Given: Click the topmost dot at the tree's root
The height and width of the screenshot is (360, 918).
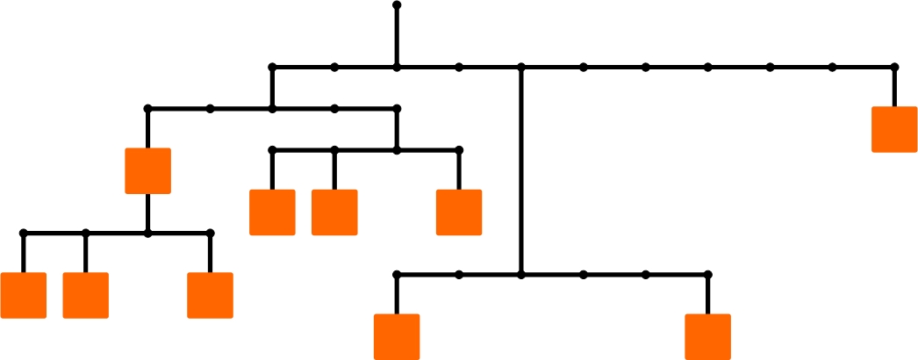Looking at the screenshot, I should [x=397, y=5].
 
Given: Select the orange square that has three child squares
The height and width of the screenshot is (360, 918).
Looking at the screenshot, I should [x=147, y=170].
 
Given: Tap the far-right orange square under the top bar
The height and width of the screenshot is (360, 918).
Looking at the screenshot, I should [x=894, y=129].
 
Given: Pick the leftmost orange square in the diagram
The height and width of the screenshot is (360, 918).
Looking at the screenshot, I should [x=24, y=295].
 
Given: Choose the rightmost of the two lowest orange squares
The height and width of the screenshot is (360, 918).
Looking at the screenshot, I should [x=707, y=336].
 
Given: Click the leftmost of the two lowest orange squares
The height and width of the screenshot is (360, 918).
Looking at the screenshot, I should [x=397, y=336].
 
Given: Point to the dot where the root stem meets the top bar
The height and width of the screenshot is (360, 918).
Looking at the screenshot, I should [x=397, y=67].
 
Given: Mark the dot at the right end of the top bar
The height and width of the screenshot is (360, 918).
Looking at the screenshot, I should [x=894, y=67].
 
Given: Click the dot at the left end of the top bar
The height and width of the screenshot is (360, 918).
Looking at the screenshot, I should [x=272, y=67].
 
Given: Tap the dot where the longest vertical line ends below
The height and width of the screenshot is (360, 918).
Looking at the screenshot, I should [x=521, y=275].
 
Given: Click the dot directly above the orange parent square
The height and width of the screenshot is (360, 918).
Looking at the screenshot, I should [x=147, y=109].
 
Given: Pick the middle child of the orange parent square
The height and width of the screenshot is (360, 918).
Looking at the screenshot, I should [x=86, y=295].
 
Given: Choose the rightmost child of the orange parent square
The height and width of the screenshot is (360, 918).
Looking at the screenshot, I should [x=210, y=295].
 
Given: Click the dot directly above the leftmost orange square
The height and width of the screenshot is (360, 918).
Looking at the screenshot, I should [x=24, y=234].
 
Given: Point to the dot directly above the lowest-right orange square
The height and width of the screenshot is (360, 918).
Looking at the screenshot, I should [x=707, y=275].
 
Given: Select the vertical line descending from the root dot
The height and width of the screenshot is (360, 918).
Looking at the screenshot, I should [x=397, y=36].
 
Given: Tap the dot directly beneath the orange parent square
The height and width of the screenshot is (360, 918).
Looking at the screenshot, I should [x=147, y=234].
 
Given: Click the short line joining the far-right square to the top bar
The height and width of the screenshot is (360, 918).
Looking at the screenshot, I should [x=894, y=87].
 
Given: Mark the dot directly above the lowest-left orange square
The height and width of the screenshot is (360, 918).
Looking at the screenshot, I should [x=397, y=275].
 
